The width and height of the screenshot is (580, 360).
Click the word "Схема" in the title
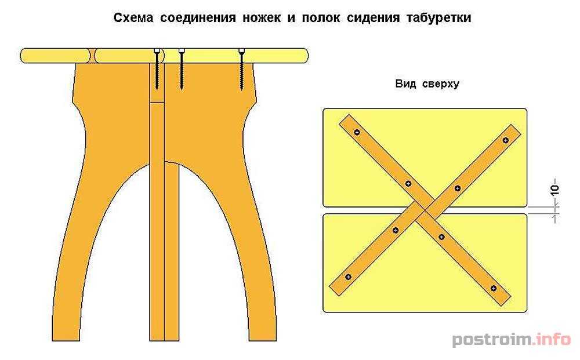coord(133,18)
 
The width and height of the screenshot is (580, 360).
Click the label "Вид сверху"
coord(427,83)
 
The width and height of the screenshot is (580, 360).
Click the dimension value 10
coord(555,189)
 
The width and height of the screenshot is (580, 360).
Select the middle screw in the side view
coord(181,70)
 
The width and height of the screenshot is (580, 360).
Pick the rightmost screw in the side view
coord(241,70)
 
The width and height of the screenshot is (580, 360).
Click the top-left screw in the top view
coord(357,132)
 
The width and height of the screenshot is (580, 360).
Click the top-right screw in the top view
coord(506,140)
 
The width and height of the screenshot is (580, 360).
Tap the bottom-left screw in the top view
coord(348,277)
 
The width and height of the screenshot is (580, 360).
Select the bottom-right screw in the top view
coord(494,289)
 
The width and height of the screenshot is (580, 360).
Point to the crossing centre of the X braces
coord(425,211)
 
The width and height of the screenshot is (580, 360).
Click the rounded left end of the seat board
coord(24,56)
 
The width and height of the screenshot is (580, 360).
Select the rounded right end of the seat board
coord(304,56)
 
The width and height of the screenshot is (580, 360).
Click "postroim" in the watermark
coord(492,339)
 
